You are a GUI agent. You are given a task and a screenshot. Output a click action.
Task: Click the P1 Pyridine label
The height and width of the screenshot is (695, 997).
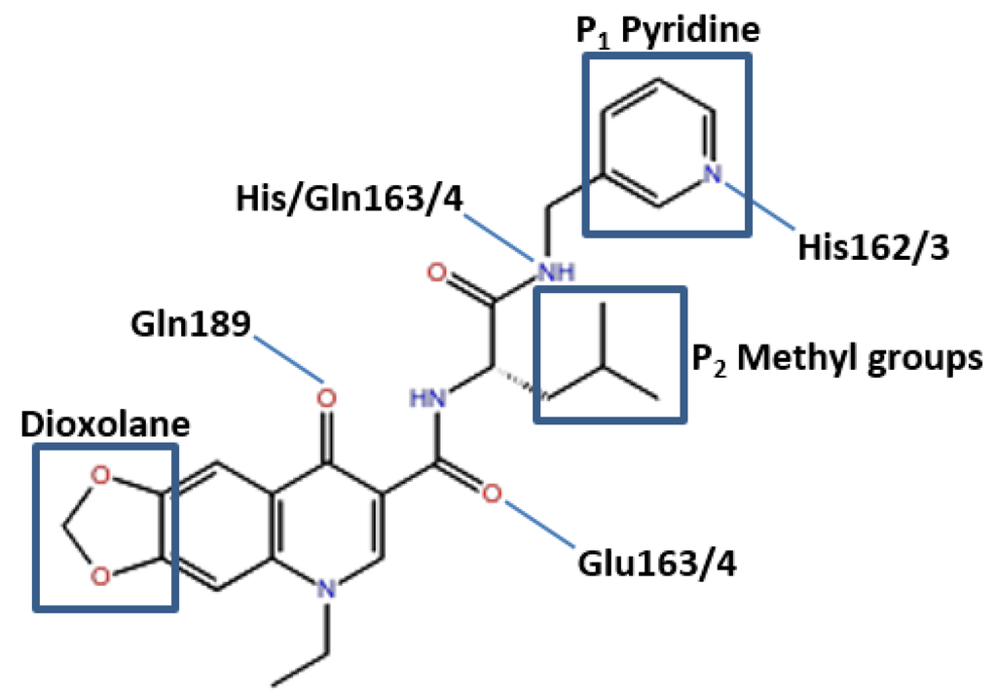[664, 30]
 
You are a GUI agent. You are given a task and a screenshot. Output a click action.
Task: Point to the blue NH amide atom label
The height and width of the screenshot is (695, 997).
[552, 272]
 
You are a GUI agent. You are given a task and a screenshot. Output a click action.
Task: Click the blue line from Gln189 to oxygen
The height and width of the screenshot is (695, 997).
[288, 358]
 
